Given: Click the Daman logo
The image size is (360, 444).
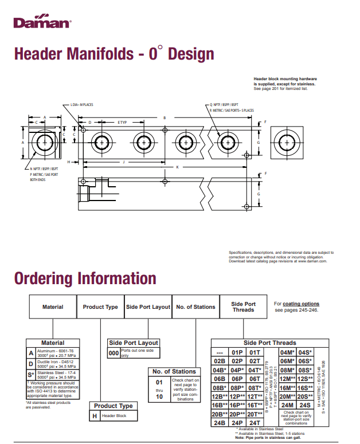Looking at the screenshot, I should click(x=42, y=22).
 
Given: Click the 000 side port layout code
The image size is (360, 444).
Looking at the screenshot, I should click(x=114, y=353).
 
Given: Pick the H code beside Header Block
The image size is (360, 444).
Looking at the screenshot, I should click(x=95, y=415).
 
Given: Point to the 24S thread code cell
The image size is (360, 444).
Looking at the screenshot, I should click(x=306, y=404).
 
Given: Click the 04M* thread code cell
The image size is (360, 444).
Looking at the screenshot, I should click(x=287, y=352).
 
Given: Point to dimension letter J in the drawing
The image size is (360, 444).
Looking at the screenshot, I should click(x=124, y=162).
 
